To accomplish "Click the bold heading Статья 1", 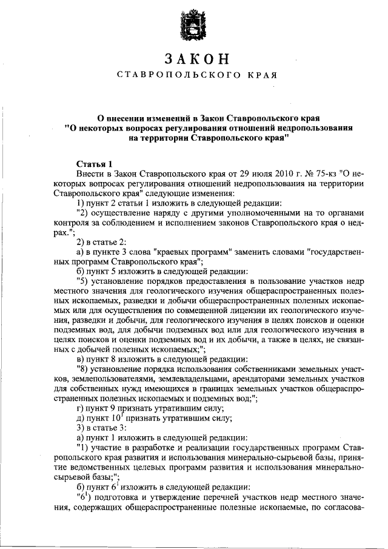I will point(95,164).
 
